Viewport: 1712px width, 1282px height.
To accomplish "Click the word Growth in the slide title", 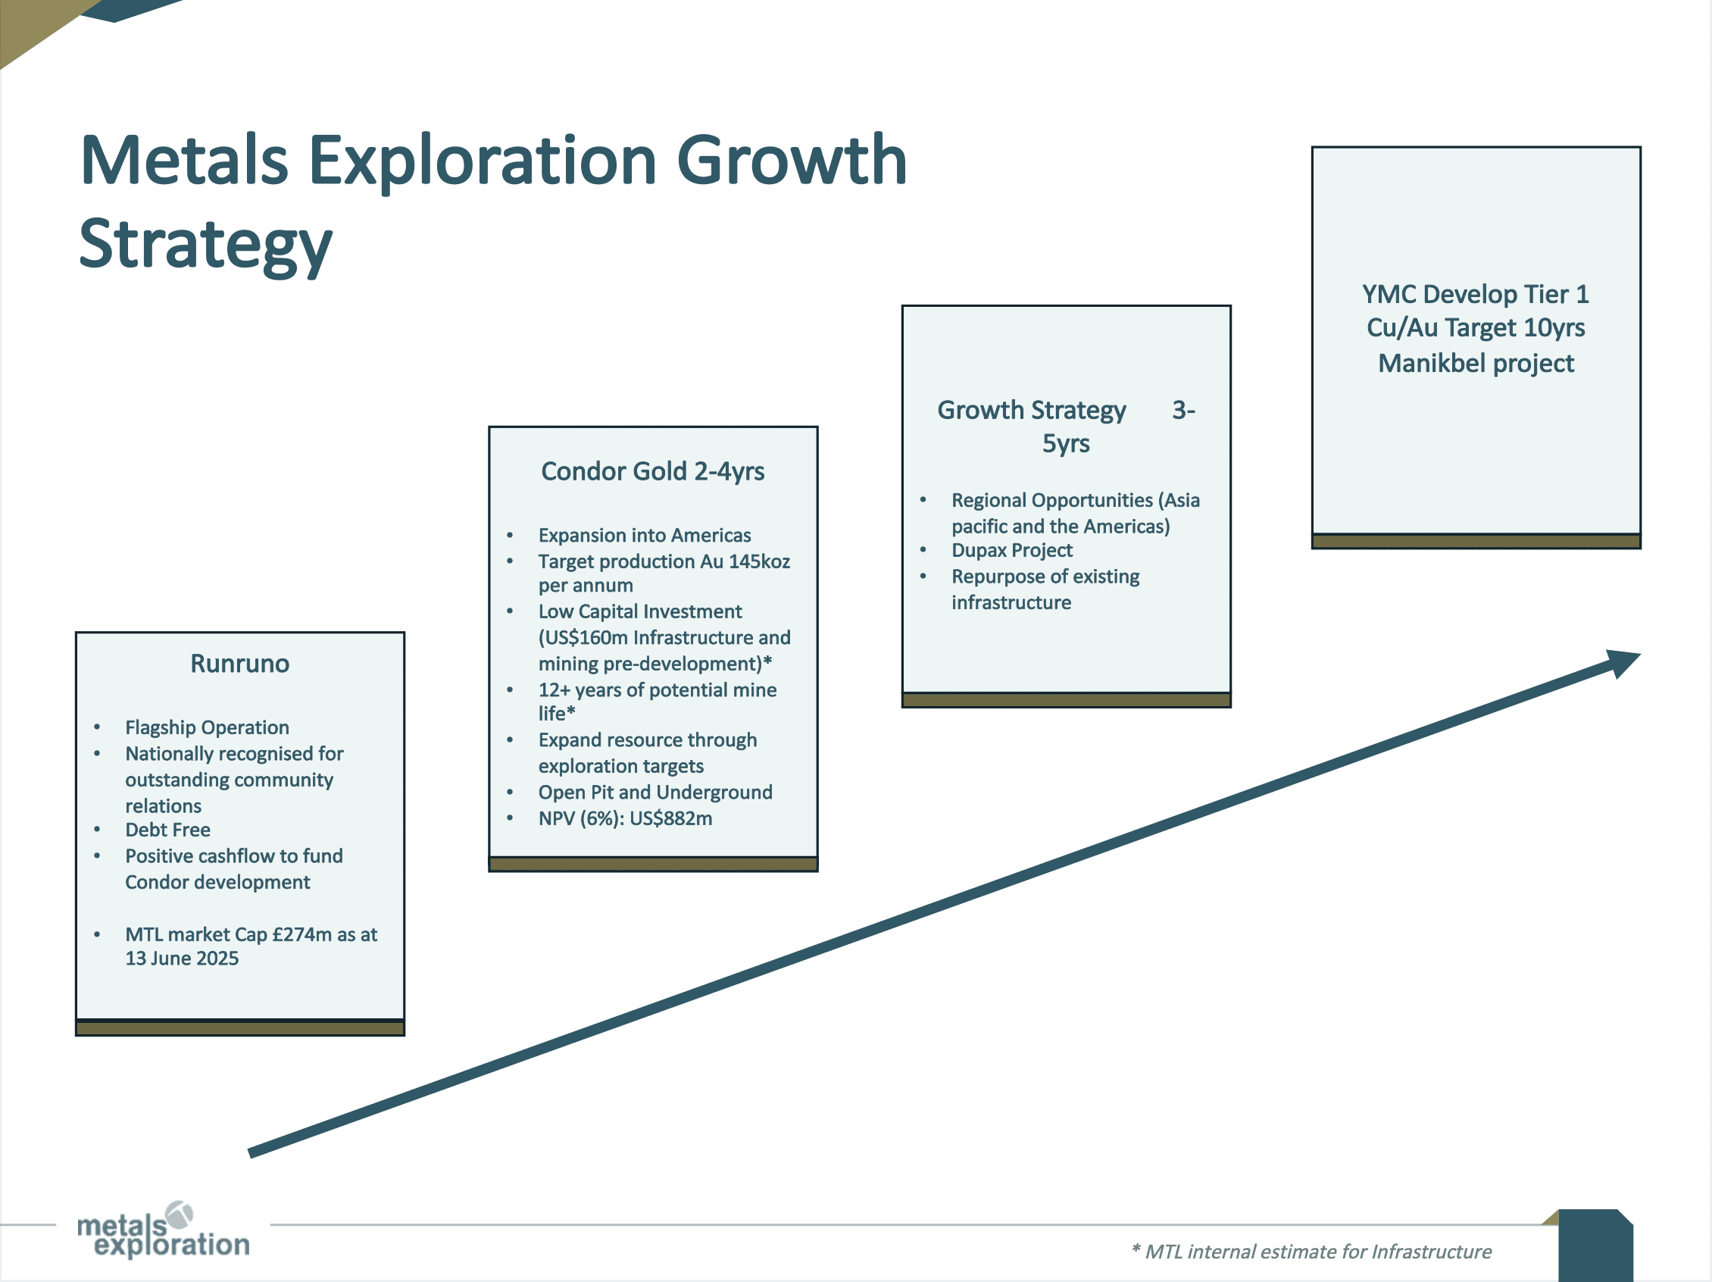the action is click(791, 161).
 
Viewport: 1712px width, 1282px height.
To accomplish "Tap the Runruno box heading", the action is click(240, 664).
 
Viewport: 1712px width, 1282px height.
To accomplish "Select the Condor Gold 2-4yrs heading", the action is click(652, 471).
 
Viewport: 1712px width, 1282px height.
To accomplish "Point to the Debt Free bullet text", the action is click(168, 830).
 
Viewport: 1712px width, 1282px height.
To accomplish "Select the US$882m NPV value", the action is click(670, 818).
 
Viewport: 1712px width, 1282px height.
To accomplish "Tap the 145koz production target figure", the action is click(759, 561).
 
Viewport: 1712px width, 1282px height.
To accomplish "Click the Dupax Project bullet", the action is click(1011, 550).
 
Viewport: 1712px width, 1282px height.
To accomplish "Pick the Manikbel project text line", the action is click(1476, 363).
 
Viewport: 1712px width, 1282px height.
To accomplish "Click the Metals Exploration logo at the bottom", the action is click(164, 1230).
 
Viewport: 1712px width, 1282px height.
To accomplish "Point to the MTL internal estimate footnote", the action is click(1311, 1252).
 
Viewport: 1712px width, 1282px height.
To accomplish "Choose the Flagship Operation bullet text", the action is click(208, 727).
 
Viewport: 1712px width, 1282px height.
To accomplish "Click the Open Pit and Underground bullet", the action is click(655, 792).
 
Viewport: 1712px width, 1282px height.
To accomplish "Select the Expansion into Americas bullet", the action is click(645, 535).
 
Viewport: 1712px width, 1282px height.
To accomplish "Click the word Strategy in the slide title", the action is click(206, 245).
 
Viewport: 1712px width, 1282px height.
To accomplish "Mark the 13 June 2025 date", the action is click(182, 958).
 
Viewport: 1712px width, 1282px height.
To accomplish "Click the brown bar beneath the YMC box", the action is click(1476, 541).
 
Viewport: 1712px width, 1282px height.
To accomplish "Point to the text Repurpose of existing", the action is click(1045, 577).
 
